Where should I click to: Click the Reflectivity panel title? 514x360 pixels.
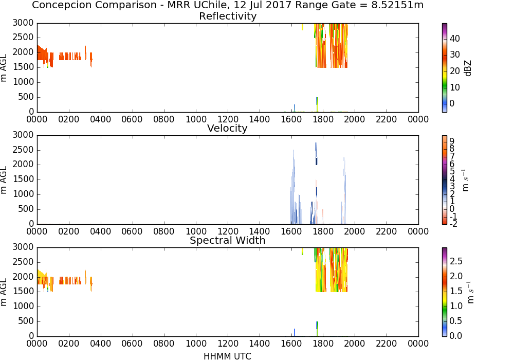228,16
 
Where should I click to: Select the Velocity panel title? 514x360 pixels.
227,128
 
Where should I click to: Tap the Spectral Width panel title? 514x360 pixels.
228,240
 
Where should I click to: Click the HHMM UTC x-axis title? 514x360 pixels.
227,356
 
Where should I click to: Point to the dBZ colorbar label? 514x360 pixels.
468,68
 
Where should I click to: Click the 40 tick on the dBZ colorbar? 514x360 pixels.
454,39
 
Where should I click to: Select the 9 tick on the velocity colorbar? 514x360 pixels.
452,141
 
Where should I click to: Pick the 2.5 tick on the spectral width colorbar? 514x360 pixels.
455,261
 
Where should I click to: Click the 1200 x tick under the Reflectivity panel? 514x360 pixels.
228,119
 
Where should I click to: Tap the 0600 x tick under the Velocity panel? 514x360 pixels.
132,231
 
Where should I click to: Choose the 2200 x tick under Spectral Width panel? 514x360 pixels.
386,344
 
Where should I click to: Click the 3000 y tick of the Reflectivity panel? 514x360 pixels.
23,23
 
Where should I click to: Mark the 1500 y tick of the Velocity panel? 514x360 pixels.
23,179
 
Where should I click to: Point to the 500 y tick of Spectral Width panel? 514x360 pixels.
26,321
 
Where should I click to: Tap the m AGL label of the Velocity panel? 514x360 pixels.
4,179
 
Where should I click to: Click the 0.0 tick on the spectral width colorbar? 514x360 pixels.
455,336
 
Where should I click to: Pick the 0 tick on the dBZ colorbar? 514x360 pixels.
452,103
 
